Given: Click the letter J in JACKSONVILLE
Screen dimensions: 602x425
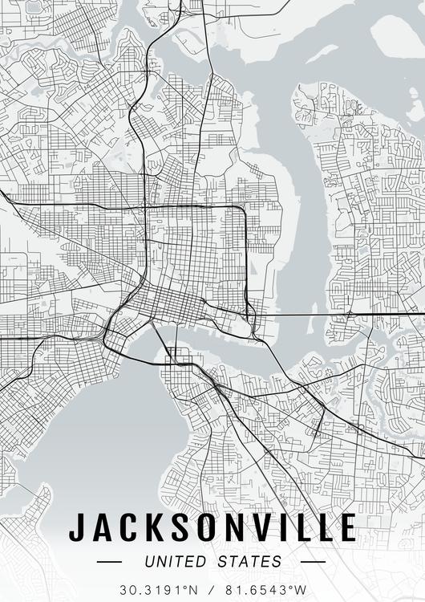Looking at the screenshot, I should [78, 527].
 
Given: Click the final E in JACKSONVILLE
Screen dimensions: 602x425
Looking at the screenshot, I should [346, 527].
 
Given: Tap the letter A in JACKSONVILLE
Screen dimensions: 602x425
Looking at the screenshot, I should [102, 527].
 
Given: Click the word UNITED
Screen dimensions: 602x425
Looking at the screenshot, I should [175, 562].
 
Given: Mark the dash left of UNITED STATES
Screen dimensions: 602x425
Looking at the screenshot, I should [109, 562].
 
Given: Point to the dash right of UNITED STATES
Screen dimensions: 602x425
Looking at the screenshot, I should [313, 562].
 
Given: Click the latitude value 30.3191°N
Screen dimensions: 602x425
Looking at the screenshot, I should [159, 590].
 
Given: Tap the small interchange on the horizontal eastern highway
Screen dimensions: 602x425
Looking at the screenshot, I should [350, 314].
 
